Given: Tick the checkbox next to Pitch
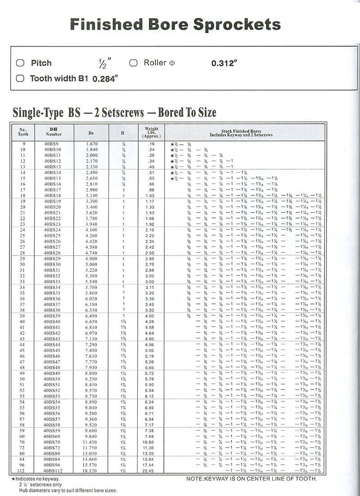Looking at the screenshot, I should (20, 63).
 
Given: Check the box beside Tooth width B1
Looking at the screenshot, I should (20, 78).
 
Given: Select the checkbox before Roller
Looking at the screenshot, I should (133, 63).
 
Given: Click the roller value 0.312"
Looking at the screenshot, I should (225, 63).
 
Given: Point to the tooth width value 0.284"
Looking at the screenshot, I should (105, 79).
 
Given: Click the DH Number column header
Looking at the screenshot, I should (55, 131).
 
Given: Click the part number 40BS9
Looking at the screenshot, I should (51, 144).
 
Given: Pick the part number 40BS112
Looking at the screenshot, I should (53, 471).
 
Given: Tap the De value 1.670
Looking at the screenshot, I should (91, 144).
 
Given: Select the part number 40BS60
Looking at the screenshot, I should (52, 436).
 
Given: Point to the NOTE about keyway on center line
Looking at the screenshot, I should (252, 478).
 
